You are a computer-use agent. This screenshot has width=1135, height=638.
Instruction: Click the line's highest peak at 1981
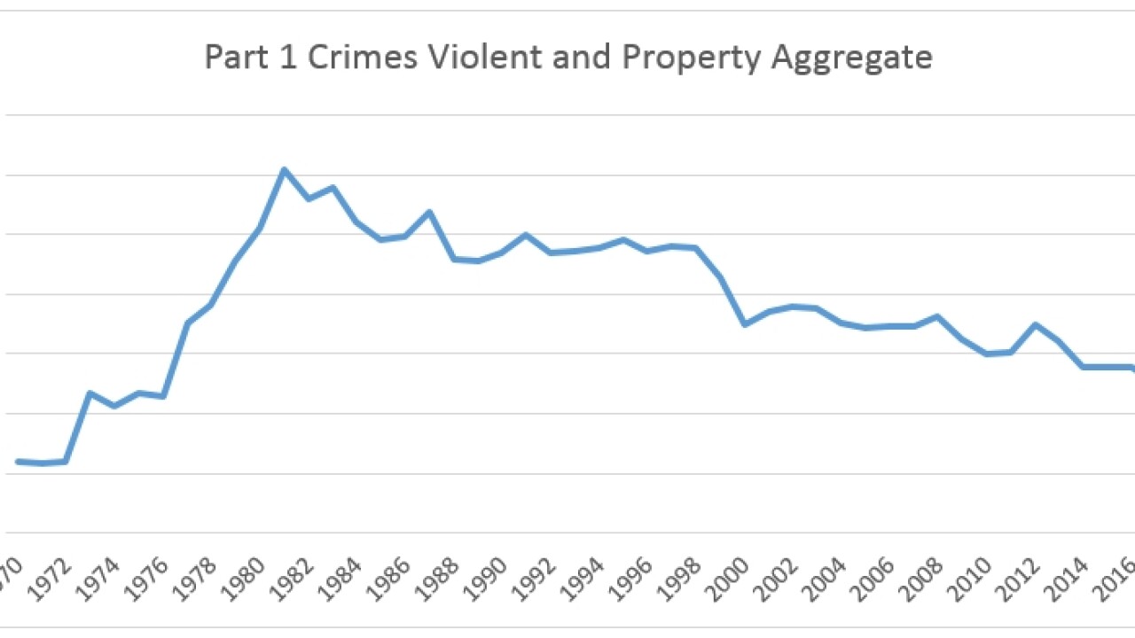284,169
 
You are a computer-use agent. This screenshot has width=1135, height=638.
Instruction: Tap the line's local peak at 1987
429,212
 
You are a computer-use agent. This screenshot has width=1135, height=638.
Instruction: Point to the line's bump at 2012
1035,324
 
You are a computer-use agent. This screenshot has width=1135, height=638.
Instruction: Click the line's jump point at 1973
90,393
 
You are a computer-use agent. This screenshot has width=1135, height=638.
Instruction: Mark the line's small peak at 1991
526,235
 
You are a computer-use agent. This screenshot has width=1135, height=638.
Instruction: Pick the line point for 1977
187,323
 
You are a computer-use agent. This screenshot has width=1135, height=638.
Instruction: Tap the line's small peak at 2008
937,316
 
